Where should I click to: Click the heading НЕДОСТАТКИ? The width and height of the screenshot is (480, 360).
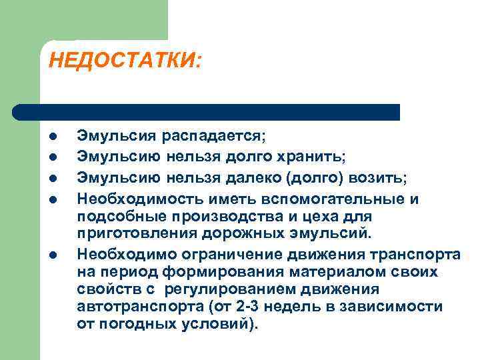pyautogui.click(x=125, y=61)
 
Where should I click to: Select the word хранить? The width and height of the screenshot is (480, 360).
pyautogui.click(x=315, y=156)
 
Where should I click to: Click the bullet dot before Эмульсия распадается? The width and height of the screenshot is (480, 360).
pyautogui.click(x=51, y=137)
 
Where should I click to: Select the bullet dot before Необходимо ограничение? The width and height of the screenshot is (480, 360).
pyautogui.click(x=51, y=254)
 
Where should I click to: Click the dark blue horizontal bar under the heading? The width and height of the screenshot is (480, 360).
pyautogui.click(x=207, y=111)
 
